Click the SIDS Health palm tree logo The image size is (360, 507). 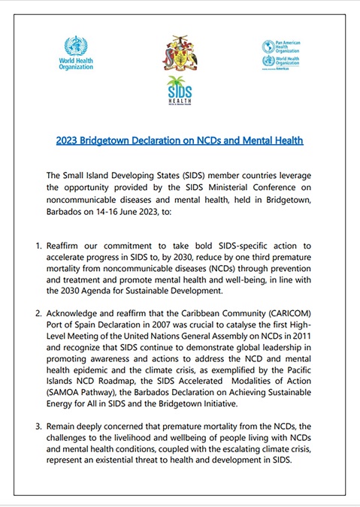click(180, 93)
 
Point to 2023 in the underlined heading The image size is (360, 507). click(68, 140)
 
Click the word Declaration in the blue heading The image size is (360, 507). click(156, 140)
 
